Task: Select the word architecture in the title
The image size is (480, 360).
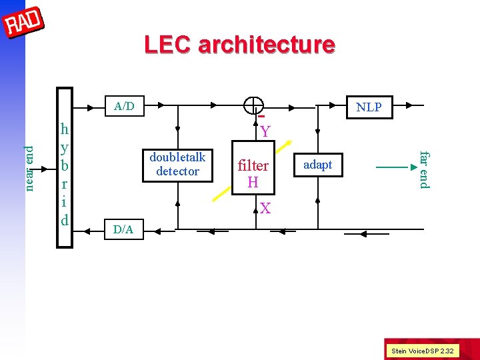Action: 267,45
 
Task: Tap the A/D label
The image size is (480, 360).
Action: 124,105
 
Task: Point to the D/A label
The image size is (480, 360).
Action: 123,230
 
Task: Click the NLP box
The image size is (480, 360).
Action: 368,107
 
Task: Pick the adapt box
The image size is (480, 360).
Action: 317,165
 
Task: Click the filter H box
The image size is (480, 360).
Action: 253,173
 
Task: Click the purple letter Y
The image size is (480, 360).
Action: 265,131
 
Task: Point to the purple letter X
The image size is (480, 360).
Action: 265,209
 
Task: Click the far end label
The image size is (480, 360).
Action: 424,169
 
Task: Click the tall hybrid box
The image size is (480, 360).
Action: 65,167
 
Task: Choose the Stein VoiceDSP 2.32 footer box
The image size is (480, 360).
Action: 422,350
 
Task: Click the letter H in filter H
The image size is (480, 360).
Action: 253,181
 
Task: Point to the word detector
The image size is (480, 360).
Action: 177,171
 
